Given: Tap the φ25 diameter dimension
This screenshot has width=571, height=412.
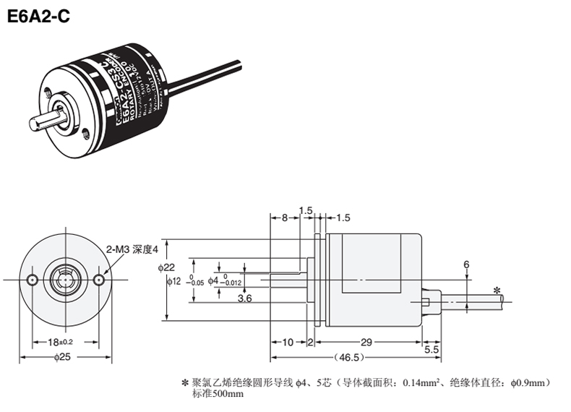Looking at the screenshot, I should tap(65, 356).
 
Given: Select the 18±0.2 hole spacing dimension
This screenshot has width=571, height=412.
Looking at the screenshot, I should tap(64, 341).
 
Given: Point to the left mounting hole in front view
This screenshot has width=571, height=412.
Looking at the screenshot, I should tap(31, 279).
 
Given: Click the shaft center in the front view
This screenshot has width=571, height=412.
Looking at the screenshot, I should tap(65, 279).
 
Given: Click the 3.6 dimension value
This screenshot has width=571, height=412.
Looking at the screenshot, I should tap(244, 298).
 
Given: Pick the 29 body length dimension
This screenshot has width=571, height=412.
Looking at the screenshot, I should tap(366, 341).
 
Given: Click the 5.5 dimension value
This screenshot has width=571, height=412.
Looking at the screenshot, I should tap(432, 350).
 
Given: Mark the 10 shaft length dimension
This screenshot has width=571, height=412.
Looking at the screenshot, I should tap(287, 341).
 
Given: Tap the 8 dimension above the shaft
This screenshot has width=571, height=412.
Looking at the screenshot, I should tap(285, 217).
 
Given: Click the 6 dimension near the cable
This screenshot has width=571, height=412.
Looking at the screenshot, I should tap(467, 265).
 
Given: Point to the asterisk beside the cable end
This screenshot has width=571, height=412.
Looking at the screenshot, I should tap(497, 291).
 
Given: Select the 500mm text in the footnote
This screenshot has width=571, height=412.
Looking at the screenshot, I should tap(230, 394).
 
